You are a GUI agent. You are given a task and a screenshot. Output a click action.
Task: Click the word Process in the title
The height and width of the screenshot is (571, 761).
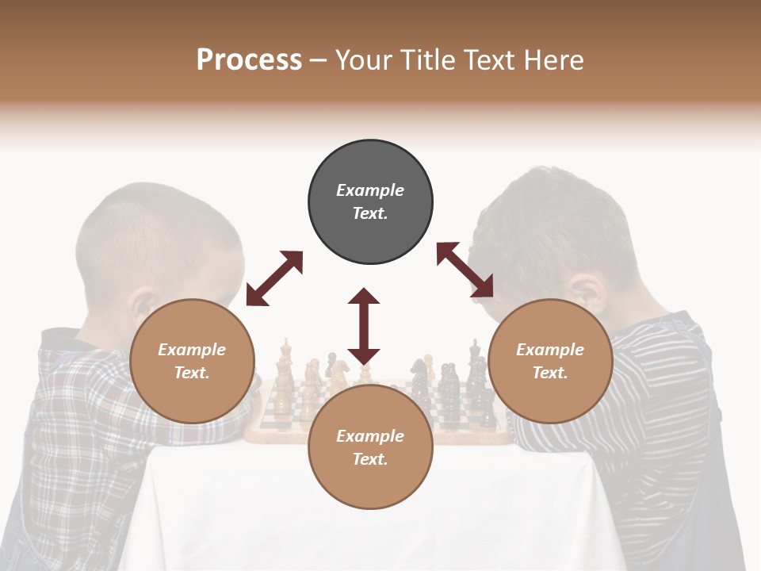coord(249,60)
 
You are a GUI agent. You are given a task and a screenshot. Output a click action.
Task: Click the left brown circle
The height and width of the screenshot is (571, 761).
coord(192,361)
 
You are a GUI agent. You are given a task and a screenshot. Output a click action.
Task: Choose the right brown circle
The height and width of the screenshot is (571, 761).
coord(550,361)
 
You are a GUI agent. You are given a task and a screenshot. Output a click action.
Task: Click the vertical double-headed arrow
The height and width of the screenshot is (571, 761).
coord(364,326)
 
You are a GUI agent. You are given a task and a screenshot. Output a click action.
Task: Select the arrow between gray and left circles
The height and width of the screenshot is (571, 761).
coord(274,278)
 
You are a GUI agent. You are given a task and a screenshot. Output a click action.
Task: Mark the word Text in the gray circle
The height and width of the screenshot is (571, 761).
coord(370,213)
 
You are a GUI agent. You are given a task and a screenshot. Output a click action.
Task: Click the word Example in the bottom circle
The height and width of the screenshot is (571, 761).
coord(370,435)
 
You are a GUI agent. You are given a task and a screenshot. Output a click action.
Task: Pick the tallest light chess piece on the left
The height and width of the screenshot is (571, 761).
coord(285,365)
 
